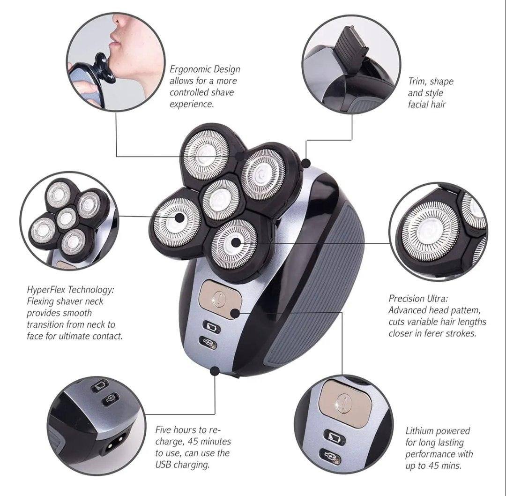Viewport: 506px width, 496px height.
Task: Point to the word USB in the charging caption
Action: (x=164, y=465)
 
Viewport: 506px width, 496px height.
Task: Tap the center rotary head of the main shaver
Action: (x=221, y=198)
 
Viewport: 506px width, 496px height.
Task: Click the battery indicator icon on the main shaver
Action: (x=211, y=327)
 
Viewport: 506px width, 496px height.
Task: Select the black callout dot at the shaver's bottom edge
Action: (x=214, y=371)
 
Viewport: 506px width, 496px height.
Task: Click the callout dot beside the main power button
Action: (x=235, y=313)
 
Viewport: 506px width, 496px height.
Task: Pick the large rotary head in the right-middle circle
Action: (x=430, y=231)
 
